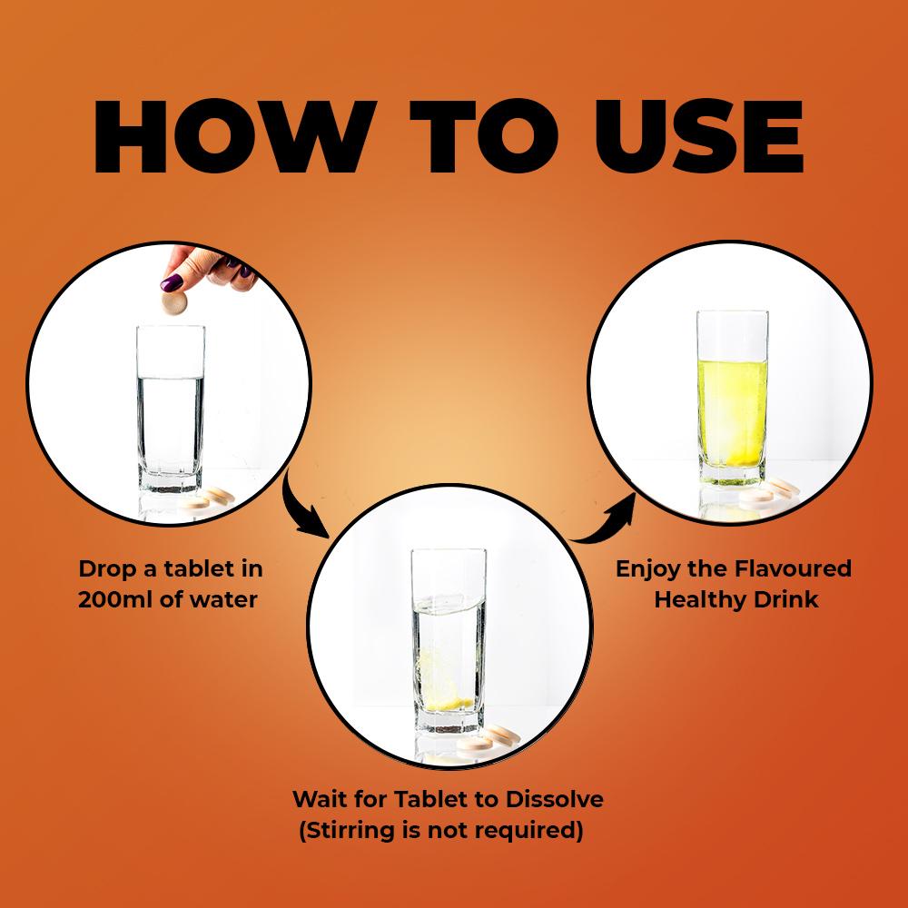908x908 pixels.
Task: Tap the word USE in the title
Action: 699,137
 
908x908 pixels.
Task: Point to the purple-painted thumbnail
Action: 172,282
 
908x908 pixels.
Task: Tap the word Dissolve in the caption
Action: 554,799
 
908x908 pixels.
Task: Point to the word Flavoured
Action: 793,568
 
